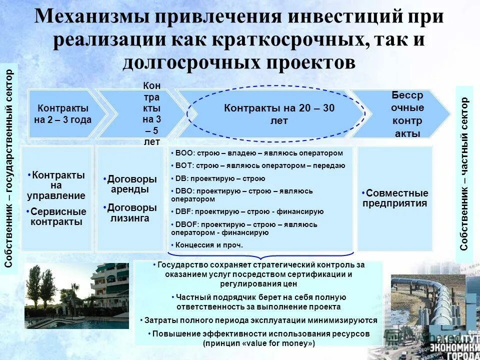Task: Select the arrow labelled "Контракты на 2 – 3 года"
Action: click(63, 114)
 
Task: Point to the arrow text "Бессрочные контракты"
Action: click(407, 114)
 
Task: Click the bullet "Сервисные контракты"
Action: click(56, 216)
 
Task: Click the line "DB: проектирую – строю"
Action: click(220, 178)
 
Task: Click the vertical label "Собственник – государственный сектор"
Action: click(9, 168)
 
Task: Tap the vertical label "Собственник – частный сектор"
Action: click(464, 173)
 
